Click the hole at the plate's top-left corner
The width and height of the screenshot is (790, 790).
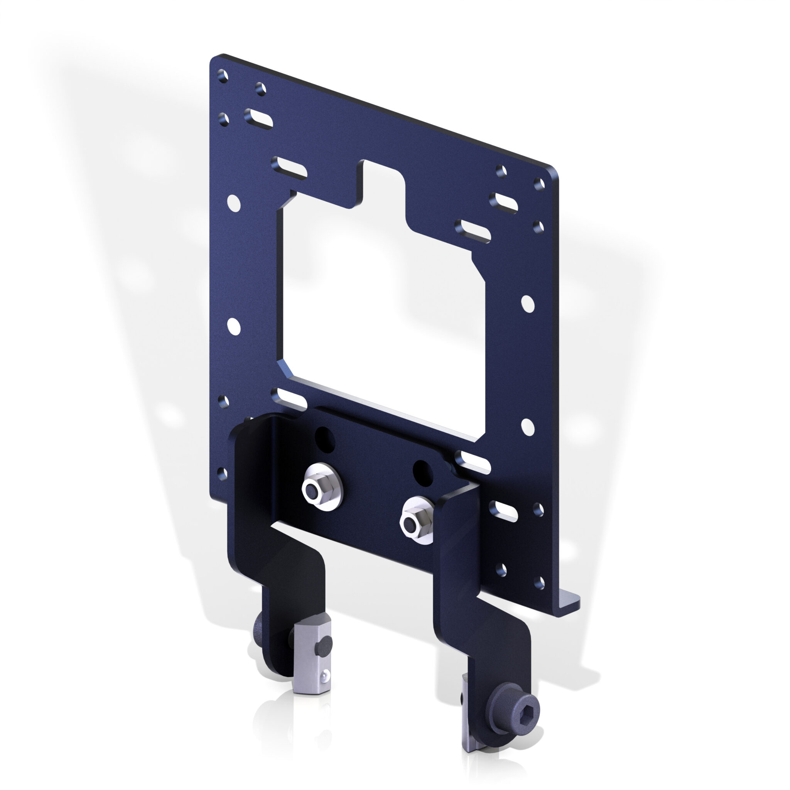223,76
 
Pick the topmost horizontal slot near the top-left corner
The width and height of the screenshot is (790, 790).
258,118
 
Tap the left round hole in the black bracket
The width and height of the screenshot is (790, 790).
325,440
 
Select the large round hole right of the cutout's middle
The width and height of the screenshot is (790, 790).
527,304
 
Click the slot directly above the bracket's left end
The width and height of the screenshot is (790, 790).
288,399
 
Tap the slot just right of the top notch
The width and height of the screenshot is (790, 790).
473,231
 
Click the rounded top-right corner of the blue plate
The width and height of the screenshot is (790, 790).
553,172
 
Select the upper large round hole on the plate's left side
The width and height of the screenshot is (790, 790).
233,203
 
